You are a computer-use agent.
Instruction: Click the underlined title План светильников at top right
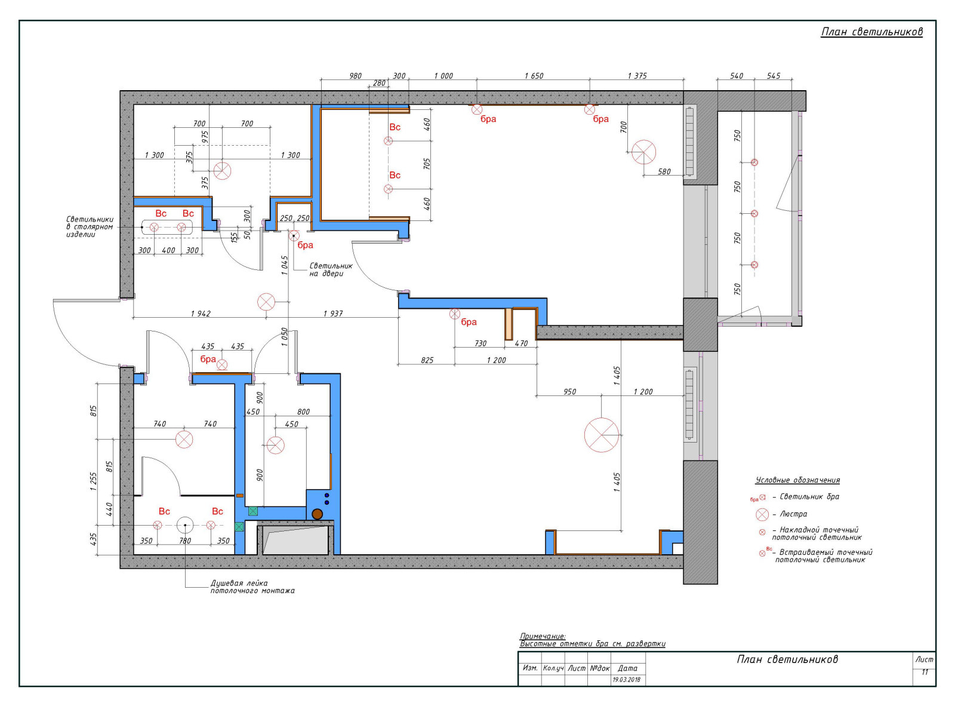click(x=871, y=32)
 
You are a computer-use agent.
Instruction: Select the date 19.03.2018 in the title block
click(x=627, y=680)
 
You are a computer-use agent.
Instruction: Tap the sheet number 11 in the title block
click(x=925, y=672)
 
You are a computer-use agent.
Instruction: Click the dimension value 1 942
click(x=201, y=314)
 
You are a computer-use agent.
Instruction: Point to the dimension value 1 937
click(x=333, y=314)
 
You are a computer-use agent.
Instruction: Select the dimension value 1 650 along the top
click(x=534, y=76)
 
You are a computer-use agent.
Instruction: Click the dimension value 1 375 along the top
click(x=637, y=76)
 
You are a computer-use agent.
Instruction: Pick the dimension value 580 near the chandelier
click(x=664, y=171)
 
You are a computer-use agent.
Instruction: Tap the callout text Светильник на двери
click(x=331, y=269)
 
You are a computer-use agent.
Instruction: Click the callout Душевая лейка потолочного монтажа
click(x=252, y=587)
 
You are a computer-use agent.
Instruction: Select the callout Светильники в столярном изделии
click(x=90, y=227)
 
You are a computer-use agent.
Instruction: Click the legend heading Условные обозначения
click(x=797, y=480)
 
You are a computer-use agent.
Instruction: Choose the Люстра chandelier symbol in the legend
click(x=762, y=514)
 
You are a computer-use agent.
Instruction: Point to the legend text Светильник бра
click(x=809, y=496)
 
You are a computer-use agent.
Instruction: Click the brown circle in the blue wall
click(x=318, y=514)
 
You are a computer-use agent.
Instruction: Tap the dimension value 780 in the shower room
click(x=184, y=541)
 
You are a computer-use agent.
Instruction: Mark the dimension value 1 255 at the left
click(x=94, y=481)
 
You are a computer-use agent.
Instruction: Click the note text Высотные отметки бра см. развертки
click(x=593, y=644)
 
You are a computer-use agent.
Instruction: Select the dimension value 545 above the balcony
click(x=774, y=76)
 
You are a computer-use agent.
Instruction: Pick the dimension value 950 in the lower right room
click(x=569, y=392)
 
